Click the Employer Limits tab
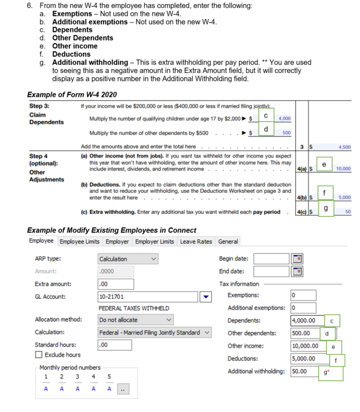[x=155, y=242]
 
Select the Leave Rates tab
[x=196, y=242]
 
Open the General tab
[x=228, y=242]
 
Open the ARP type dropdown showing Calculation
[x=128, y=259]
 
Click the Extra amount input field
[x=116, y=284]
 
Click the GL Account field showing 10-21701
[x=148, y=296]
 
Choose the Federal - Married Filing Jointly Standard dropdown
[x=154, y=333]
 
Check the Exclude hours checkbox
[x=39, y=355]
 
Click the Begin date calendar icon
[x=298, y=259]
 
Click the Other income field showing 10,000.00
[x=305, y=346]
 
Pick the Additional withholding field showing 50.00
[x=304, y=371]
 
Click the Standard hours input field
[x=115, y=345]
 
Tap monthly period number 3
[x=78, y=377]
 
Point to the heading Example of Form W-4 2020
[x=72, y=95]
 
